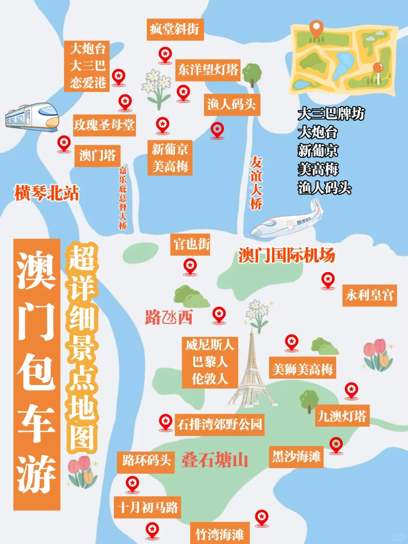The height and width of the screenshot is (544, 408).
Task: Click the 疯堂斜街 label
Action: pos(175,29)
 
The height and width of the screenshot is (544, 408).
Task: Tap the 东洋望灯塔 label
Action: pos(208,70)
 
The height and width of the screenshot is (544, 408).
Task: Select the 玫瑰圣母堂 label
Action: pos(104,125)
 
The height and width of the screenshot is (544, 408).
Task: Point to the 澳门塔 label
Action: pos(97,155)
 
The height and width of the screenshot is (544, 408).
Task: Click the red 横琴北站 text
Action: pos(47,193)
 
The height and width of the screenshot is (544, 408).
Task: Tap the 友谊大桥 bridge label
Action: pos(256,183)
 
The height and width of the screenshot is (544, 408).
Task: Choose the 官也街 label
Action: pos(191,244)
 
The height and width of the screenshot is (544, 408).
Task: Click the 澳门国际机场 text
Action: pos(287,255)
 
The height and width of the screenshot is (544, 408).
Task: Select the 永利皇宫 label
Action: pos(369,295)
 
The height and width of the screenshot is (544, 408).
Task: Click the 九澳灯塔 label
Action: pos(342,416)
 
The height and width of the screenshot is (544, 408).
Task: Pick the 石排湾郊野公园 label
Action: pos(219,425)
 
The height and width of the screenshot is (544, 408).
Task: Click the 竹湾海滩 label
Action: pos(219,534)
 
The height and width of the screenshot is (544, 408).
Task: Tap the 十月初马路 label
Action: pos(147,507)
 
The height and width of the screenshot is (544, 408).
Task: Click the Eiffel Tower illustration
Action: pos(252,370)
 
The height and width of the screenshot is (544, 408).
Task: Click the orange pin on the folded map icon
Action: pos(316,28)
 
